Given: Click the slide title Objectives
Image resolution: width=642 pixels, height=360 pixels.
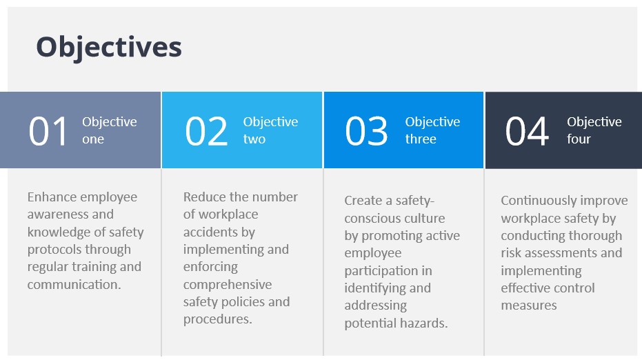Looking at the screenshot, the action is pos(109,48).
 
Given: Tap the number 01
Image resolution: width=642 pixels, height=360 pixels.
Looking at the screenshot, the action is pos(48,131).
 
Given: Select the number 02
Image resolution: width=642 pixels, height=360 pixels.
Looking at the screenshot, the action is pos(206,131).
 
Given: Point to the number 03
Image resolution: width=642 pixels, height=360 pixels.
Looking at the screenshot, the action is pos(366,131).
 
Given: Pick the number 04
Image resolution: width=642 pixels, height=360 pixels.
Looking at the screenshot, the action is pos(527,131).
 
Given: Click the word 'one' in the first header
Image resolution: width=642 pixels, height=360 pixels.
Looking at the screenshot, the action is pos(93,139).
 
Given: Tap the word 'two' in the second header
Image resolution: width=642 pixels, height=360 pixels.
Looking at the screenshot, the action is pos(254,139).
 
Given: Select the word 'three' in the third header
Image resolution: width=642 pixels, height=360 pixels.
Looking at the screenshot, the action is pos(421,139).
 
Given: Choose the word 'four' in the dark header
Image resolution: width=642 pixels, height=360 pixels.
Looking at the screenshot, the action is pos(579,139).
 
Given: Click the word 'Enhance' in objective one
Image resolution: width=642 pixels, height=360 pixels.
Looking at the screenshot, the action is pos(50,197).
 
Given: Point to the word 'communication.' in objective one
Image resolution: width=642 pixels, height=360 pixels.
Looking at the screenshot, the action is pos(74,284).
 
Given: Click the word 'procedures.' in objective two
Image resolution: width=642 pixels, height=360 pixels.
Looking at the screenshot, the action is pos(217,319).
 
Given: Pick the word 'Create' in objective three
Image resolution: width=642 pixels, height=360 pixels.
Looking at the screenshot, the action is pos(363,200).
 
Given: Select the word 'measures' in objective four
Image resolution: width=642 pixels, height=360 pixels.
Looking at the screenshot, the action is pos(529,306).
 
